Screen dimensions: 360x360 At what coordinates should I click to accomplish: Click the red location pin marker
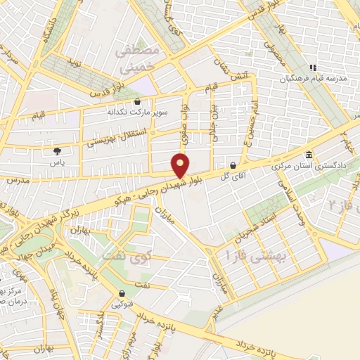pyautogui.click(x=181, y=165)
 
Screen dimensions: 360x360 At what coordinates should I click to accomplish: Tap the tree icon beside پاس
pyautogui.click(x=57, y=150)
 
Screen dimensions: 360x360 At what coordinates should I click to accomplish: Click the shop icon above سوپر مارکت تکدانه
pyautogui.click(x=146, y=101)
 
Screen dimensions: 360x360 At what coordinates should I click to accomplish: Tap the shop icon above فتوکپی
pyautogui.click(x=122, y=294)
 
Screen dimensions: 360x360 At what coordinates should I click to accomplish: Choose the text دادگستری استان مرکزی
pyautogui.click(x=307, y=167)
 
